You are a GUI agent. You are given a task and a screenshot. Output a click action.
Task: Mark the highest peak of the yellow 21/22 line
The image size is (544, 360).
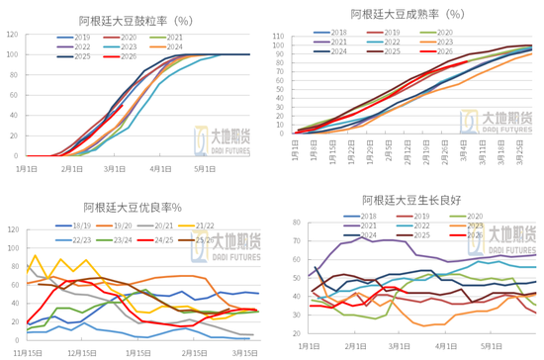(37, 256)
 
